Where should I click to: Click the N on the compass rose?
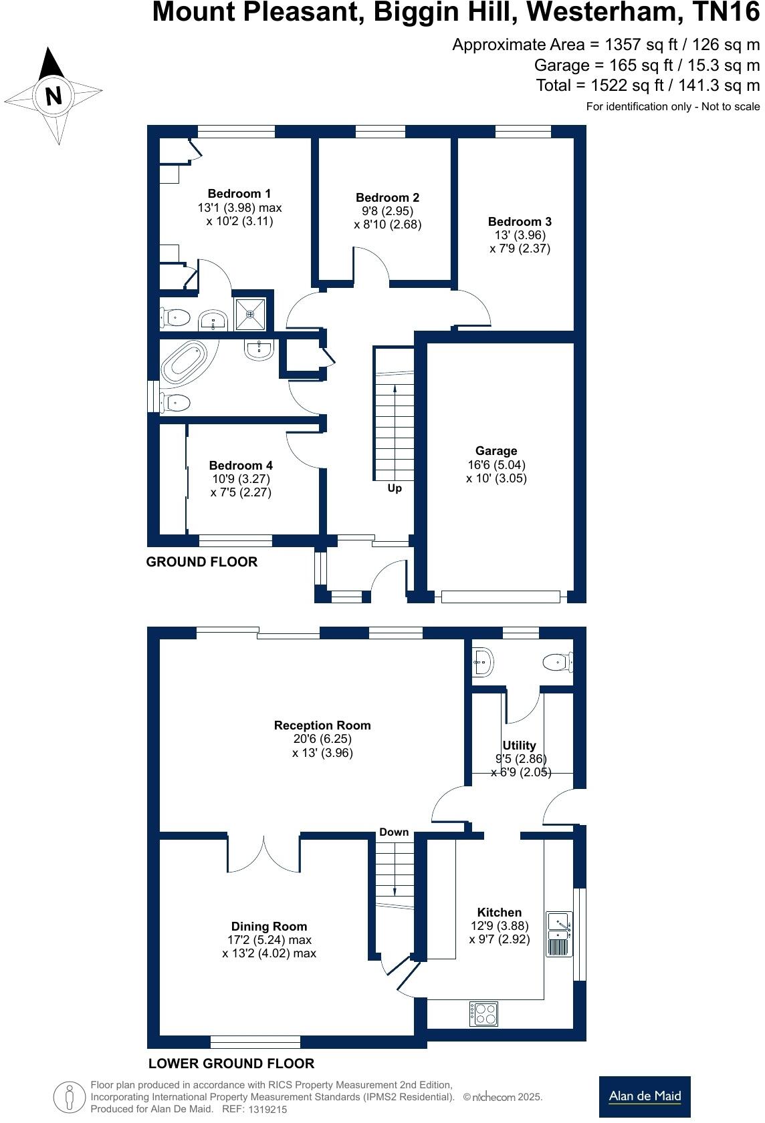coord(53,96)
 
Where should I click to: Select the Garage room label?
coord(496,451)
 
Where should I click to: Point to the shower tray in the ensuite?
coord(250,314)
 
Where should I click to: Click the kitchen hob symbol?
coord(483,1013)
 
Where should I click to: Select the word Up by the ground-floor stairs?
coord(395,488)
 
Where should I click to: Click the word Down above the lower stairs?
coord(394,832)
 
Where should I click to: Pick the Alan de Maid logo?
coord(644,1096)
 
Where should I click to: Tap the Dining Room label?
coord(269,926)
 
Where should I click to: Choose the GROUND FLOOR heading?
coord(201,562)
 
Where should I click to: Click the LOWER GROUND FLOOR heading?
coord(231,1064)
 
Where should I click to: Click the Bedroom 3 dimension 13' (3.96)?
coord(520,235)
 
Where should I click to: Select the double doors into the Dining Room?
coord(264,853)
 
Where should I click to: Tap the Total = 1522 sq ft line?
coord(647,86)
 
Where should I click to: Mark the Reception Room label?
coord(322,725)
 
